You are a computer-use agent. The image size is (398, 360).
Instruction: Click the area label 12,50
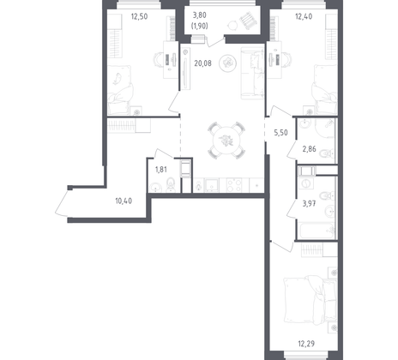click(141, 15)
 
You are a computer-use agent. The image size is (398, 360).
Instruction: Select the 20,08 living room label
click(202, 62)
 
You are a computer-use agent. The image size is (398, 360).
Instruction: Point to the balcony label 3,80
click(199, 15)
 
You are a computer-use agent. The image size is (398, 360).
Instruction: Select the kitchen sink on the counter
click(199, 184)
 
